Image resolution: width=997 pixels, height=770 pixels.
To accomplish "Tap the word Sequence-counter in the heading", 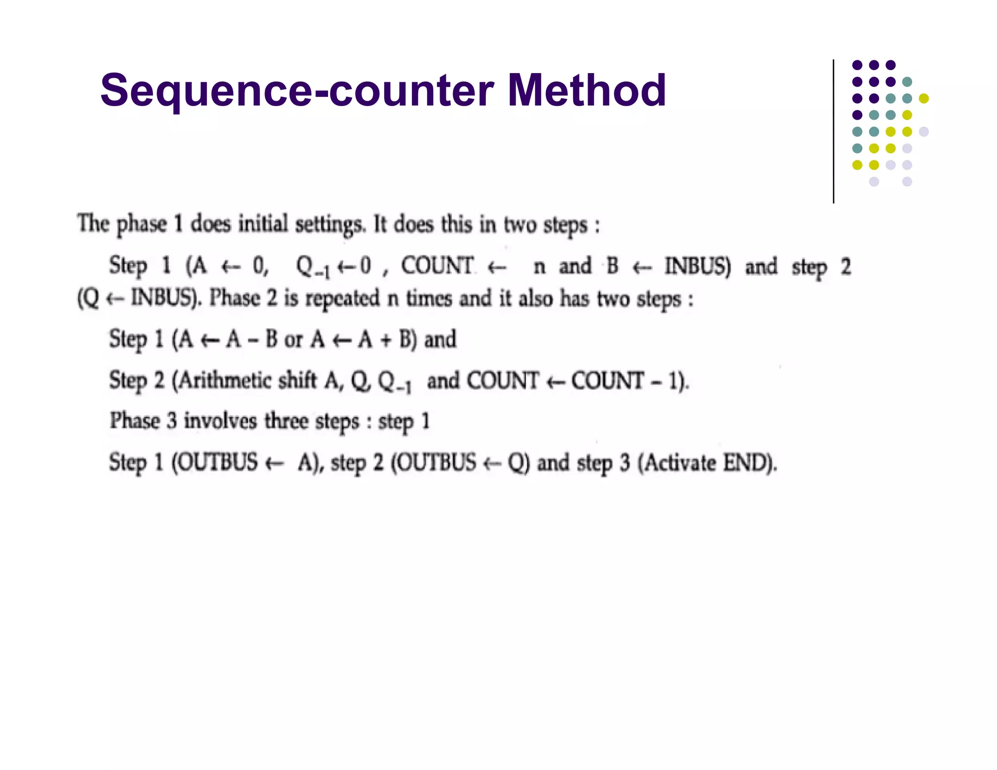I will pos(297,91).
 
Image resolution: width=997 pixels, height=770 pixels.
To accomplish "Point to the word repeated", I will pos(342,298).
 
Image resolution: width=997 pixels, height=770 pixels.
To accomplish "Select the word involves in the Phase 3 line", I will pos(220,421).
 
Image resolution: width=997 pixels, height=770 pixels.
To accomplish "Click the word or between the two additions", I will pos(293,340).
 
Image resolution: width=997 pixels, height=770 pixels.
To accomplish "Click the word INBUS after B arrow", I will pos(698,267).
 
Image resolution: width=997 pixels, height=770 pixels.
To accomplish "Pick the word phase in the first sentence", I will pos(141,224).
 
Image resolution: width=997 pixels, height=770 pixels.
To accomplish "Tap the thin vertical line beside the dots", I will pos(833,131).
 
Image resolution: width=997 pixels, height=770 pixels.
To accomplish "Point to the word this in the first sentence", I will pos(456,224).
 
